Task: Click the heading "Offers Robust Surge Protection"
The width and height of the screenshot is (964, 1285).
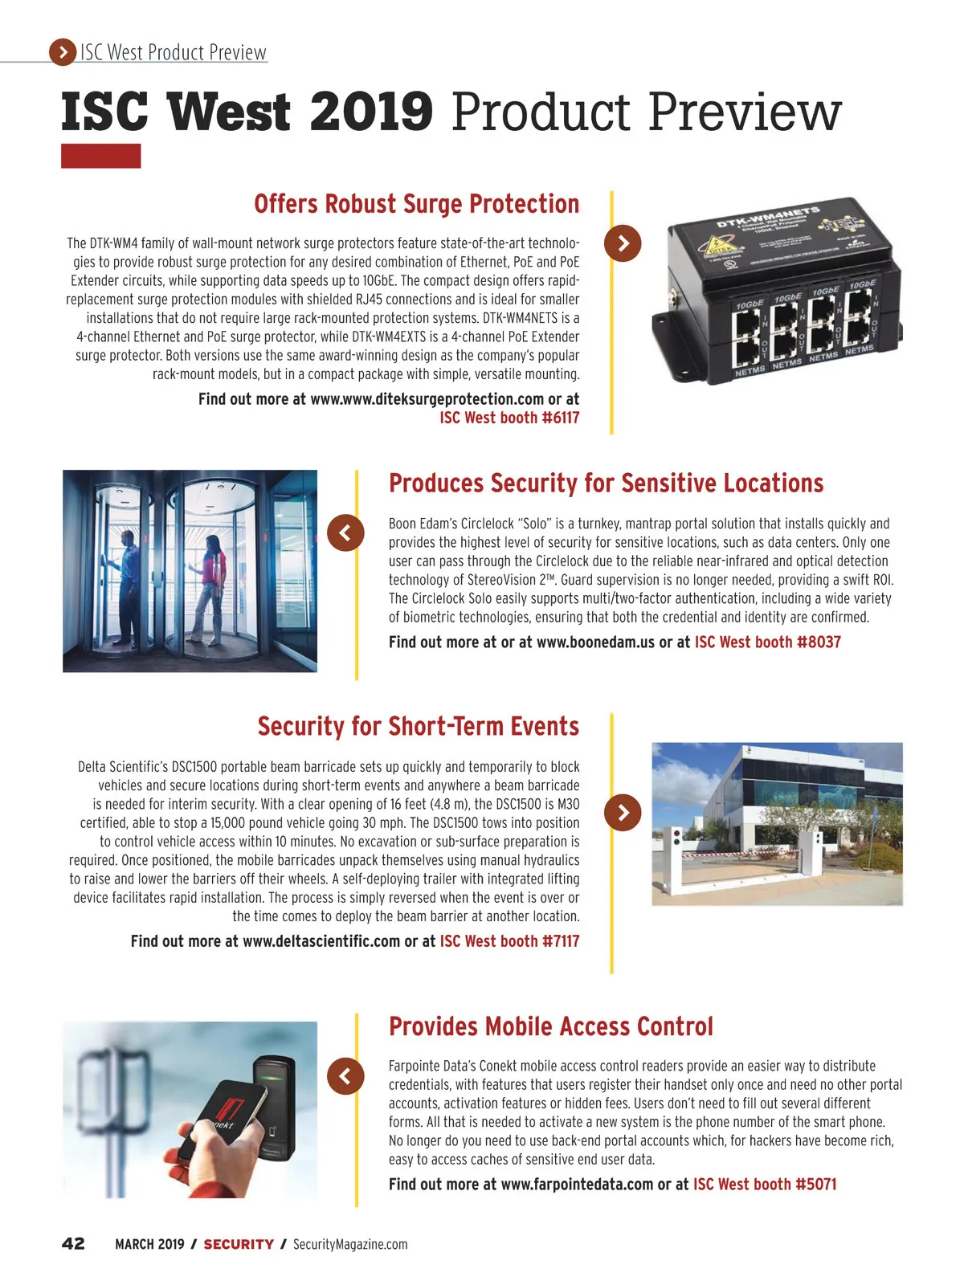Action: [416, 204]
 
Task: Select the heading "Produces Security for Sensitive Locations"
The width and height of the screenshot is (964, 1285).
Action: [606, 483]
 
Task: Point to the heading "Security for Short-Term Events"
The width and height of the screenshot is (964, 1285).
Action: [418, 726]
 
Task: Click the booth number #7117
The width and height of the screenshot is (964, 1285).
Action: [561, 941]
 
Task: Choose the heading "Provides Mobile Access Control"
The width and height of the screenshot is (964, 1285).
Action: [550, 1026]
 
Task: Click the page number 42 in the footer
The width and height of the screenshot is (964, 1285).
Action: [73, 1244]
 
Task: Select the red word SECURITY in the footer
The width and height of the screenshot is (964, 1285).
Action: [239, 1244]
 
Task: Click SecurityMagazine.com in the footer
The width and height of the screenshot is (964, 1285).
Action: [350, 1244]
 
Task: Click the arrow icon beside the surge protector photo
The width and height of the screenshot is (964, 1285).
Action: [623, 243]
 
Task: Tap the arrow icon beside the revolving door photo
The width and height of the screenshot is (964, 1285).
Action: [345, 532]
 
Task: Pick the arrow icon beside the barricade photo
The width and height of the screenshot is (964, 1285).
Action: [623, 812]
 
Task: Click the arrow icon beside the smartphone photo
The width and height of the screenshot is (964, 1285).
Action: [345, 1075]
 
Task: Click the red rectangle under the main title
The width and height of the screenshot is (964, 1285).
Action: [100, 156]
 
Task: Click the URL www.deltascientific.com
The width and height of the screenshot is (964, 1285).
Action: [321, 941]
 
